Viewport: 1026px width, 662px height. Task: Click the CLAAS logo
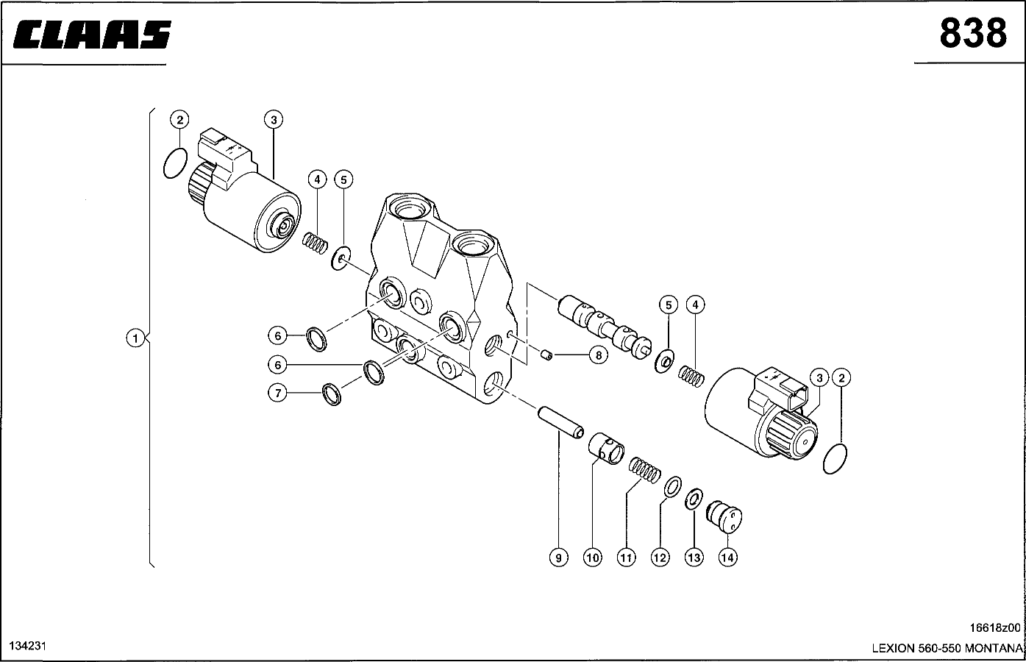point(92,35)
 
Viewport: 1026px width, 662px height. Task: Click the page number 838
point(973,33)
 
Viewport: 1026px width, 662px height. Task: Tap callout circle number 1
point(135,338)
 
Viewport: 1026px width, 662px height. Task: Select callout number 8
point(598,355)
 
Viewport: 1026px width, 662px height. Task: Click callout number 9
point(558,558)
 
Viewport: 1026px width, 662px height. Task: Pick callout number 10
point(592,558)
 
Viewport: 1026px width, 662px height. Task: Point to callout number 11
point(626,558)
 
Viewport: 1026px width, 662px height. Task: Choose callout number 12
point(660,558)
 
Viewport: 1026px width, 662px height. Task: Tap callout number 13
point(694,558)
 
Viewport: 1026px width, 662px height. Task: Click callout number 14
point(728,558)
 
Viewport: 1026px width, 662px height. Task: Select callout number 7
point(277,393)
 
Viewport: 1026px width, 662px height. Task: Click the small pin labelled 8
point(546,355)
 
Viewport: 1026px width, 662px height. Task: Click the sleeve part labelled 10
point(606,449)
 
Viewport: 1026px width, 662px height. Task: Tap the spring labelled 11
point(645,470)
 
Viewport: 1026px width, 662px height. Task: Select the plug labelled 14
point(724,517)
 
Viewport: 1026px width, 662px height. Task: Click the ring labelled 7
point(332,394)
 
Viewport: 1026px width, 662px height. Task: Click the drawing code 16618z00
point(995,627)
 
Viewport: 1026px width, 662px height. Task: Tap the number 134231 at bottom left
point(27,646)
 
